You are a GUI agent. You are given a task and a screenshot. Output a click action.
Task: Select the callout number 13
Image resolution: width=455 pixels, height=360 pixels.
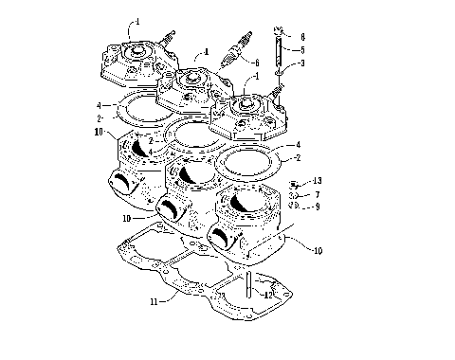318,180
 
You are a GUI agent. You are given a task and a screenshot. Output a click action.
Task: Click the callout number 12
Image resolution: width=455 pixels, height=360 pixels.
268,295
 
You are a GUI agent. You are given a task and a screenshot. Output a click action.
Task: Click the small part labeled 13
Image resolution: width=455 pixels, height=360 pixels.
294,182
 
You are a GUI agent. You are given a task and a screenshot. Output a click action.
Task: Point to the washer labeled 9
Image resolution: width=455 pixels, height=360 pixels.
295,205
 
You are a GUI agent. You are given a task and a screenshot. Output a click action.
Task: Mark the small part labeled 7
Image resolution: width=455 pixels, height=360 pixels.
294,193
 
